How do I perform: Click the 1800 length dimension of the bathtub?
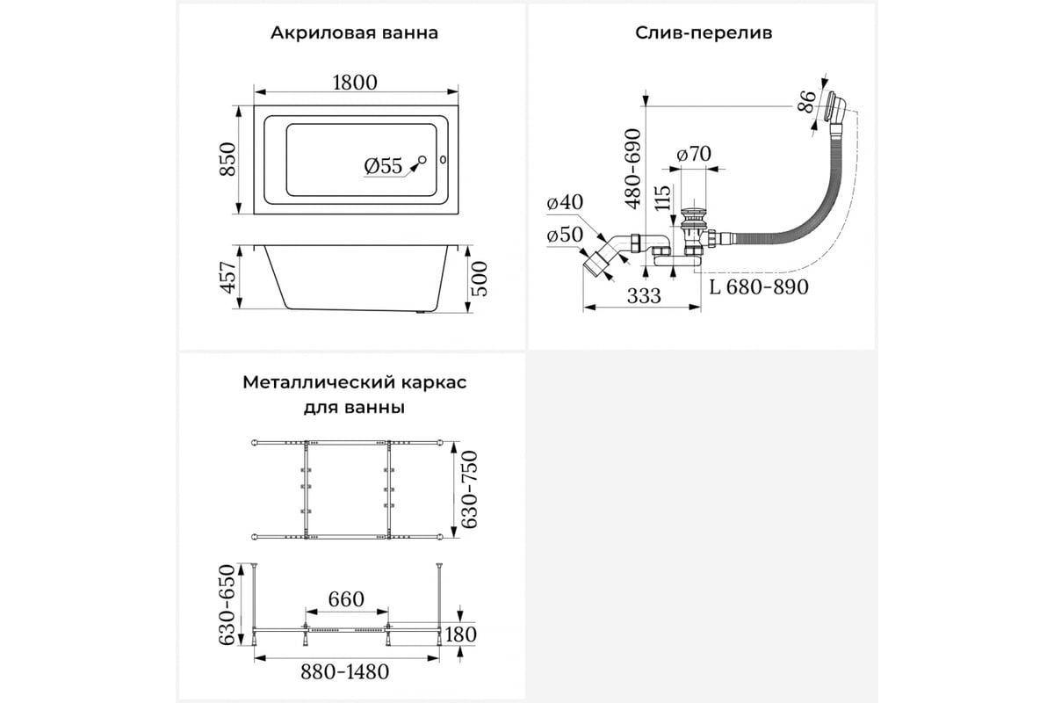(355, 83)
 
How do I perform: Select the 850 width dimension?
(228, 159)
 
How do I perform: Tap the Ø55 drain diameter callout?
(383, 166)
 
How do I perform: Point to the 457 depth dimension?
(228, 278)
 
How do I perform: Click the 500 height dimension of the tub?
(480, 279)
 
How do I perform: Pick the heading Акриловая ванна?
(354, 33)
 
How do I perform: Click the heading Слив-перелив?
(704, 33)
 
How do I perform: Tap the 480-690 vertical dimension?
(634, 168)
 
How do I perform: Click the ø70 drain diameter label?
(694, 154)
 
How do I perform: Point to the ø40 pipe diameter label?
(565, 202)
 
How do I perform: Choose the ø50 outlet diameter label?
(565, 235)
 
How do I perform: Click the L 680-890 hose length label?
(759, 286)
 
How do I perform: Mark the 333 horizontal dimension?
(644, 296)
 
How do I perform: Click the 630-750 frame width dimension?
(470, 489)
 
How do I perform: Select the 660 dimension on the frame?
(346, 599)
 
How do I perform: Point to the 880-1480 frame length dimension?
(345, 672)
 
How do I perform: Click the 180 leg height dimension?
(460, 634)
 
